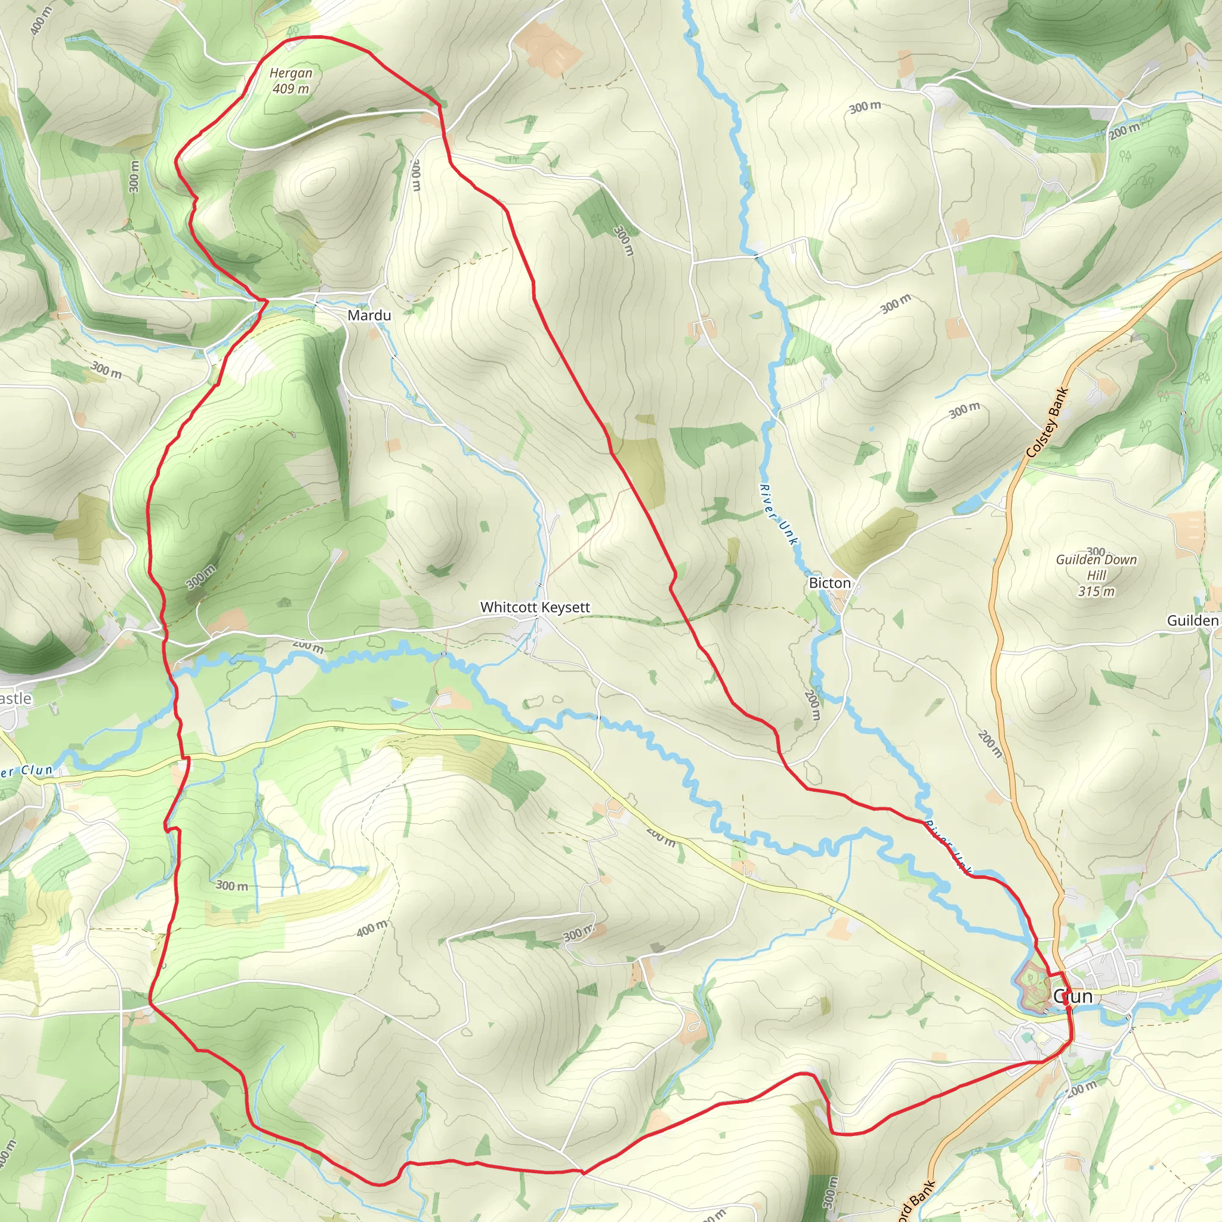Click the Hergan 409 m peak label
pos(291,81)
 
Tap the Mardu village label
pos(369,315)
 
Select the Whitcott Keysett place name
pos(535,607)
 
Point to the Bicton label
pos(830,583)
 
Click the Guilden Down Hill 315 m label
pos(1096,575)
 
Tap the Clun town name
pos(1073,997)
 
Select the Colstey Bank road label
pos(1047,422)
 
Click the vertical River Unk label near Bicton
pos(779,514)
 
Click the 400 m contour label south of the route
pos(371,928)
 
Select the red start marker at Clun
pos(1066,1001)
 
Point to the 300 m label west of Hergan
pos(134,176)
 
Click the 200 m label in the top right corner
pos(1124,131)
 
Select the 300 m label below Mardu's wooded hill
pos(201,577)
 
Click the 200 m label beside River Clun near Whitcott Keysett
pos(308,646)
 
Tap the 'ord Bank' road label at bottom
pos(915,1201)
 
